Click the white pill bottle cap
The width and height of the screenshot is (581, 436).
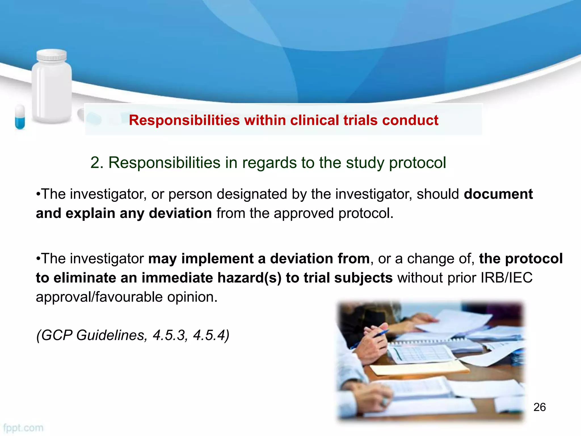(52, 55)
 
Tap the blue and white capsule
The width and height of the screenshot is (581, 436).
(20, 117)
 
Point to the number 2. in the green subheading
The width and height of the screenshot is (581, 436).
(97, 163)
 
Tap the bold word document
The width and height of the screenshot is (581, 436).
(498, 194)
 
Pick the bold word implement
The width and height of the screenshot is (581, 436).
(218, 259)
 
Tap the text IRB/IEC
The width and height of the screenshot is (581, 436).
(506, 278)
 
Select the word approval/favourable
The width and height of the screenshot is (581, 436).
(99, 297)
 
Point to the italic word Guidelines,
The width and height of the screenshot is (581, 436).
(112, 335)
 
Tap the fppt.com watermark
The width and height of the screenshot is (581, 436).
(23, 428)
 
